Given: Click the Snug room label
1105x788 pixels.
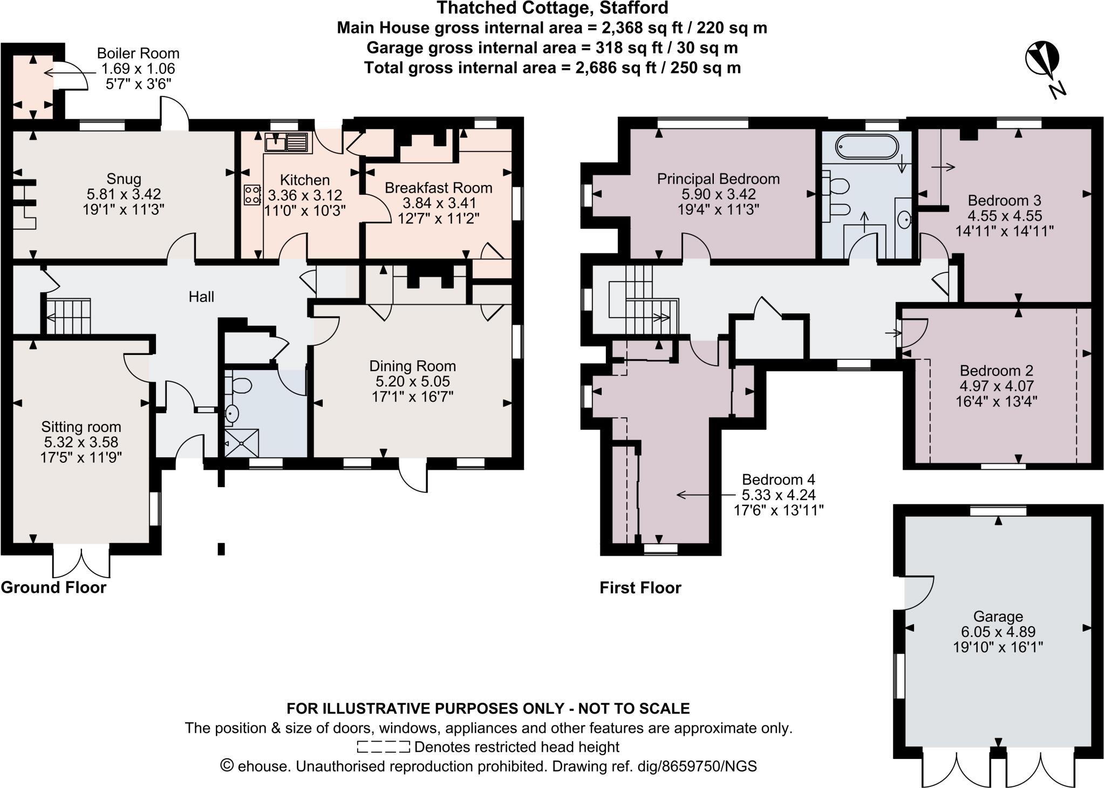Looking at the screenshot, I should [124, 179].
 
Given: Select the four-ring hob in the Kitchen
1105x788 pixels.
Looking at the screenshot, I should [253, 194].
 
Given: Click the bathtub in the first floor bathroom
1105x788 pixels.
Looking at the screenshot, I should [865, 147].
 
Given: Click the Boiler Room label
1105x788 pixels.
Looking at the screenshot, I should [138, 53].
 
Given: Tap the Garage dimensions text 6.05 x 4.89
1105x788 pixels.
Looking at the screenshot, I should [998, 632].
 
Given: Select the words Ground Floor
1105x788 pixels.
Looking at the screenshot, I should [53, 587].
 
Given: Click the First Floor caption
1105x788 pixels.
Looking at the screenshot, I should [640, 587].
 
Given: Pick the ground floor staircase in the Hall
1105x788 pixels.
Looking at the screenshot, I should [67, 317].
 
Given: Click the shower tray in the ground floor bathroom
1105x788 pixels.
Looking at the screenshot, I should [241, 443].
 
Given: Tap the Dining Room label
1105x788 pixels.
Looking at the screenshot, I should [412, 366].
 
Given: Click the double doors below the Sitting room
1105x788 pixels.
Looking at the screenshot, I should [81, 562].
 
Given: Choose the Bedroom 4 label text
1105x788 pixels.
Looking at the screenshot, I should [778, 479].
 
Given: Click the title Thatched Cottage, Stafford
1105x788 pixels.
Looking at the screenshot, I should [552, 8].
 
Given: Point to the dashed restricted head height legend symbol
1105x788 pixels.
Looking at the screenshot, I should [383, 747].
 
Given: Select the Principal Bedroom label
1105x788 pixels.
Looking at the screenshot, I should [718, 179].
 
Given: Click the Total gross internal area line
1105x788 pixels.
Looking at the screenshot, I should [552, 68].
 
